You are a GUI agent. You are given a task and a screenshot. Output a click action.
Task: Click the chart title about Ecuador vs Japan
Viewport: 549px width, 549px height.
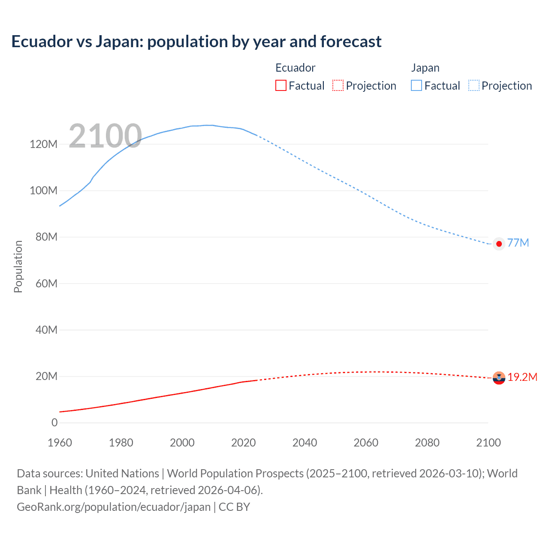[x=196, y=42]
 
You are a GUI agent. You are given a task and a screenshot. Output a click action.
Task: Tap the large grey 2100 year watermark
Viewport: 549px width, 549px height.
[x=105, y=136]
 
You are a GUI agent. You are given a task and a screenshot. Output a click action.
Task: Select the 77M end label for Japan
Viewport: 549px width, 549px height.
[x=518, y=243]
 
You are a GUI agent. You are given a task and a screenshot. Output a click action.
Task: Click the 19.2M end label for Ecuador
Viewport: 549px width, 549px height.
[x=522, y=377]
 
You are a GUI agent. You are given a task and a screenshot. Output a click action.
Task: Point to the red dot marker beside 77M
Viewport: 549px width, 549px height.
[x=499, y=244]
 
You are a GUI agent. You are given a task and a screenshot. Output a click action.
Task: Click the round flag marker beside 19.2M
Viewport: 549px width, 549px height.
[x=499, y=378]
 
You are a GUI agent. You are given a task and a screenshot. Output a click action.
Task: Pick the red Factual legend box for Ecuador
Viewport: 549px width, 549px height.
[x=281, y=85]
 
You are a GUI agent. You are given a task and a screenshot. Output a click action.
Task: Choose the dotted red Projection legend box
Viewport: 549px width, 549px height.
[x=338, y=85]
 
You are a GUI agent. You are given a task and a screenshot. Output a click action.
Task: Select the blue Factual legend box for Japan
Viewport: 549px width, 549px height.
[x=416, y=85]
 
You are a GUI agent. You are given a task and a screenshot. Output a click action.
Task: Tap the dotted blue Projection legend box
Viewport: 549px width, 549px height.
[x=474, y=85]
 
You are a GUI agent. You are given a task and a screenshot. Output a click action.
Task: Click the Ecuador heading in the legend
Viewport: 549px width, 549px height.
[x=295, y=68]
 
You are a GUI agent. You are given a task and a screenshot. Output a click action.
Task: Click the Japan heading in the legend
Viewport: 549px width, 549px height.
[x=425, y=68]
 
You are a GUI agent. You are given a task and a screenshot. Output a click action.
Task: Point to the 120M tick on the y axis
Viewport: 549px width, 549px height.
[x=43, y=144]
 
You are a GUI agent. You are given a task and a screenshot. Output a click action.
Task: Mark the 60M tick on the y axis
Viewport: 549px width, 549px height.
[x=46, y=284]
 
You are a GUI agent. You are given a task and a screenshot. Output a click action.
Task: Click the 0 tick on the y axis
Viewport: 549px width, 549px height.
[x=54, y=422]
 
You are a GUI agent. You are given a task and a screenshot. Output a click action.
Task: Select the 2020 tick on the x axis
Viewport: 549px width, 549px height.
[x=243, y=443]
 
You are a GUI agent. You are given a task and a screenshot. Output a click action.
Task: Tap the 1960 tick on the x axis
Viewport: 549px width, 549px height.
[x=60, y=443]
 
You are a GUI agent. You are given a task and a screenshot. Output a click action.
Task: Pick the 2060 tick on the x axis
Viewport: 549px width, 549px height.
[x=366, y=443]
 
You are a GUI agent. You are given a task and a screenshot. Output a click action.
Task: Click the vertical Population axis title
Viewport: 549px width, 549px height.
[x=18, y=266]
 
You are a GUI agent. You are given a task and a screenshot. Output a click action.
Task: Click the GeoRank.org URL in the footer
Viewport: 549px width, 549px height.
[x=114, y=507]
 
